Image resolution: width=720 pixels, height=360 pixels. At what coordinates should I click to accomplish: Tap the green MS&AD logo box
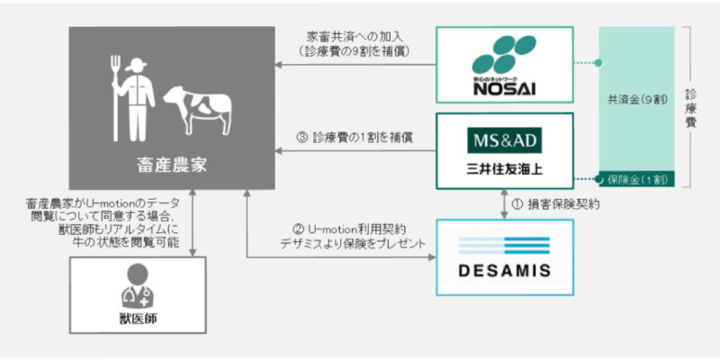click(x=504, y=140)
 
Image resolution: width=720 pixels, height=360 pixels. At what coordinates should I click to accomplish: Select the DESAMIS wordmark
click(x=504, y=271)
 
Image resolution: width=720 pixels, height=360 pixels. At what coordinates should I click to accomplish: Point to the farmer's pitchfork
click(x=115, y=98)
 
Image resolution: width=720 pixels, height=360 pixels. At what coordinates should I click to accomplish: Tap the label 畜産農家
click(x=172, y=166)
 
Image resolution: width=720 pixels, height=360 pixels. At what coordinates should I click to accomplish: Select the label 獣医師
click(x=138, y=319)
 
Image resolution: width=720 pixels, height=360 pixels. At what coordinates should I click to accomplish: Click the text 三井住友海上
click(x=504, y=169)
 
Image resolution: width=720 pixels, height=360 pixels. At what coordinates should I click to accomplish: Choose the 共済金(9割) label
click(x=636, y=101)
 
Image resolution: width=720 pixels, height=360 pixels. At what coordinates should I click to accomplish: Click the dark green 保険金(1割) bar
click(x=636, y=179)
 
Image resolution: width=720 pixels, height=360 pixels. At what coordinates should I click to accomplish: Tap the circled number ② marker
click(x=298, y=229)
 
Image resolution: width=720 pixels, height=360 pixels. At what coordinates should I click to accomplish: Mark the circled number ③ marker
click(x=301, y=138)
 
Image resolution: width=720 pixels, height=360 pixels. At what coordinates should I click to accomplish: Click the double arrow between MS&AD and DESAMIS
click(x=504, y=204)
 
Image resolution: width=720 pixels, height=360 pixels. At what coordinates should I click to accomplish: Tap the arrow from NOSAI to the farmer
click(x=355, y=65)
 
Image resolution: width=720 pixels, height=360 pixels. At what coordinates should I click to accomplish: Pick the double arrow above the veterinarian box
click(x=193, y=222)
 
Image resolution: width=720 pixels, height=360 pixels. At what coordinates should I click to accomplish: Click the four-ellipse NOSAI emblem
click(x=504, y=55)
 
